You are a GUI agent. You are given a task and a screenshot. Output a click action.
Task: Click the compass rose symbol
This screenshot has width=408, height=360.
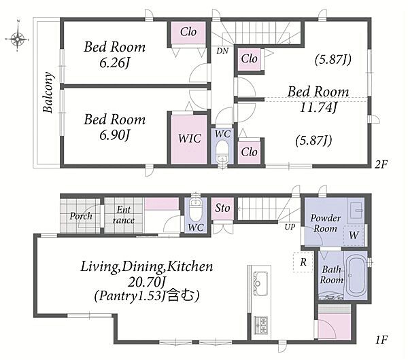pyautogui.click(x=17, y=39)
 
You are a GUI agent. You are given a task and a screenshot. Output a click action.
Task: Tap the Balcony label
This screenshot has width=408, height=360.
pyautogui.click(x=49, y=92)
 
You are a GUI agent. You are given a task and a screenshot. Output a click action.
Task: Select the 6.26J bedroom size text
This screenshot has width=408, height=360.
pyautogui.click(x=114, y=63)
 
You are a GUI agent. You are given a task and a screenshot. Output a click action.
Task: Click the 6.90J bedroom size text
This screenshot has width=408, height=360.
pyautogui.click(x=114, y=135)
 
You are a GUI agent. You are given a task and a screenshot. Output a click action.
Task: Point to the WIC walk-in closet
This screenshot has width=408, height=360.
pyautogui.click(x=189, y=139)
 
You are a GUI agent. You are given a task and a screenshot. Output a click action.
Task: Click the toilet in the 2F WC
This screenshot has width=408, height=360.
pyautogui.click(x=222, y=152)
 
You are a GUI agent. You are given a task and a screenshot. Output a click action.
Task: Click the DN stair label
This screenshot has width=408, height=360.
pyautogui.click(x=222, y=51)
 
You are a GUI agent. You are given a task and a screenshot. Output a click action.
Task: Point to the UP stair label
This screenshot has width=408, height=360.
pyautogui.click(x=290, y=227)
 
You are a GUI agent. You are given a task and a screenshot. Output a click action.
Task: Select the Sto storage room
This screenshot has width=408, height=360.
pyautogui.click(x=222, y=209)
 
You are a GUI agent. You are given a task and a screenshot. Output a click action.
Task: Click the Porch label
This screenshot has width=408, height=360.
pyautogui.click(x=81, y=216)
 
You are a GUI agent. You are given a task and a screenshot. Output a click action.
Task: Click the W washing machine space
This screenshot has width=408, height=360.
pyautogui.click(x=354, y=236)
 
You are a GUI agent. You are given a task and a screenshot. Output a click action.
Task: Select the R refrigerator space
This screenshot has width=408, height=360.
pyautogui.click(x=303, y=262)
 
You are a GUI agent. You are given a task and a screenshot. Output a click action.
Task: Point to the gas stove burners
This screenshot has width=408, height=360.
pyautogui.click(x=260, y=325)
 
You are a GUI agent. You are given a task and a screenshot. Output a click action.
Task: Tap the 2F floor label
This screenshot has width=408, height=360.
pyautogui.click(x=381, y=164)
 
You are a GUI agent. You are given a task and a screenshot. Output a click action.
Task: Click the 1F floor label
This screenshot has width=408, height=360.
pyautogui.click(x=381, y=340)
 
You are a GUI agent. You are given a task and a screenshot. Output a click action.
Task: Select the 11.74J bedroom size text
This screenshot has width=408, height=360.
pyautogui.click(x=318, y=107)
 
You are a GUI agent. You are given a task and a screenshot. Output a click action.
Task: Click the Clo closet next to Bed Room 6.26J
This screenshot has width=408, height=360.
pyautogui.click(x=188, y=33)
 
